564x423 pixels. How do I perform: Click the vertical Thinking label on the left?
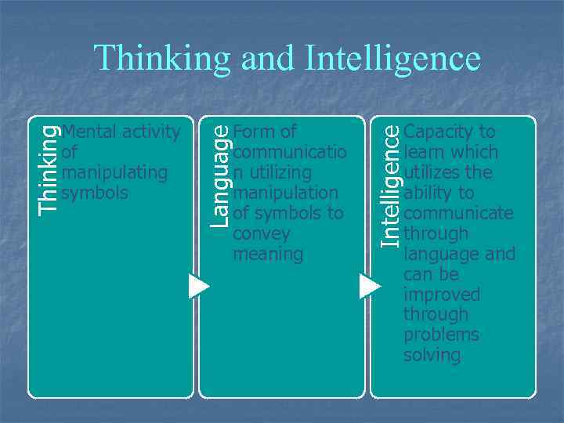(x=49, y=169)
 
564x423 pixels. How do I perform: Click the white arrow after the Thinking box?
(x=199, y=286)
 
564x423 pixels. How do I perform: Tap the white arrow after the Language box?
(x=369, y=286)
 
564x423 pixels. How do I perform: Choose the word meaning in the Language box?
(x=268, y=254)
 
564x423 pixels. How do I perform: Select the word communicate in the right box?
(x=458, y=213)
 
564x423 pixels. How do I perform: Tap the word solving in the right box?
(x=432, y=355)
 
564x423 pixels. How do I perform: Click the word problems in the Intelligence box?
(x=442, y=334)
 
